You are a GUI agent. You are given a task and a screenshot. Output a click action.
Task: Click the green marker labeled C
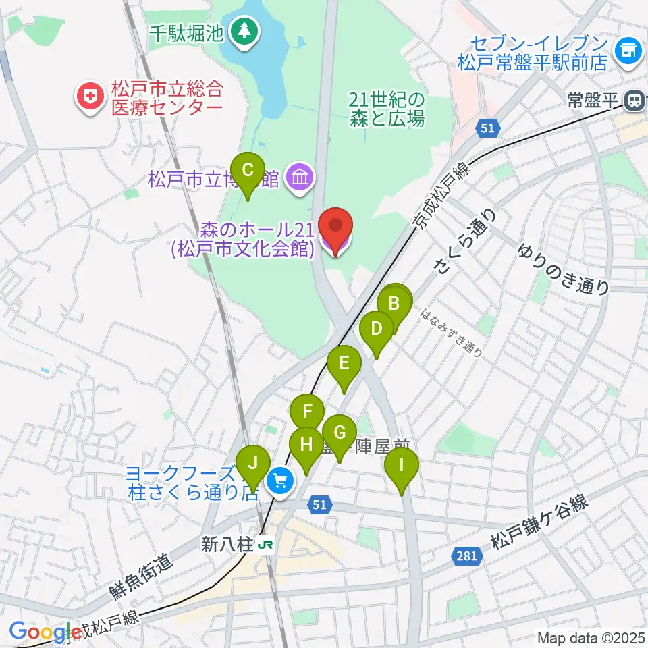(x=248, y=170)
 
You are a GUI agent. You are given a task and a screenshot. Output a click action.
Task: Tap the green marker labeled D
(x=377, y=329)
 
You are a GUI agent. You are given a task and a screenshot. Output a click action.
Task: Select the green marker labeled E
(x=344, y=364)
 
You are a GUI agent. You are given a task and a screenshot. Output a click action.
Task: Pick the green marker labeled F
(x=308, y=411)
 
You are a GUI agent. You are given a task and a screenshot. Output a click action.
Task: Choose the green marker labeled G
(x=340, y=433)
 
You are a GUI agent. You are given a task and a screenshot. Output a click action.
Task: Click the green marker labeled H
(x=306, y=445)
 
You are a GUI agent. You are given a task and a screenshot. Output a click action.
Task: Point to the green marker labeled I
(x=402, y=465)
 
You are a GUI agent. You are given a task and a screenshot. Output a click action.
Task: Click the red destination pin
(x=335, y=226)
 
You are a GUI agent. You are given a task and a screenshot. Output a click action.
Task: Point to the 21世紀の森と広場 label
(x=387, y=109)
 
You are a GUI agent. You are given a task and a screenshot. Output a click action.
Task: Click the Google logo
(x=45, y=632)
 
